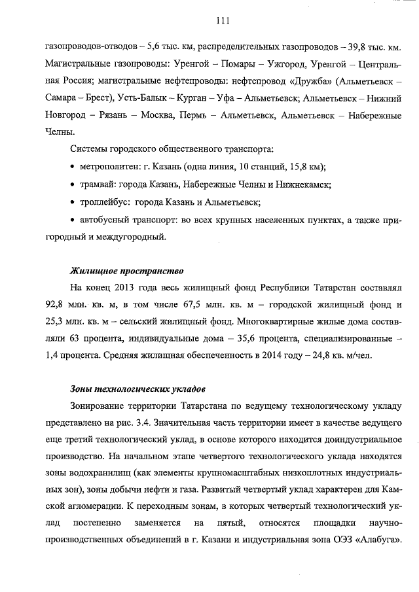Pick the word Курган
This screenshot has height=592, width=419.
196,98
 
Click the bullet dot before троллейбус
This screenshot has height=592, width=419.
73,202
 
